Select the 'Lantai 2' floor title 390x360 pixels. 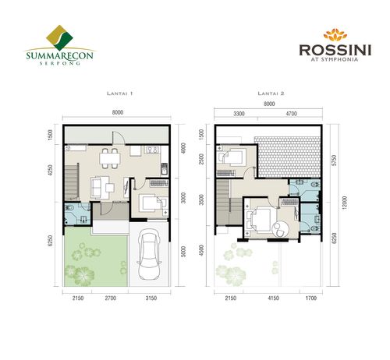click(269, 94)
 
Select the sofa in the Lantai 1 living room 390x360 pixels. click(99, 186)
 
